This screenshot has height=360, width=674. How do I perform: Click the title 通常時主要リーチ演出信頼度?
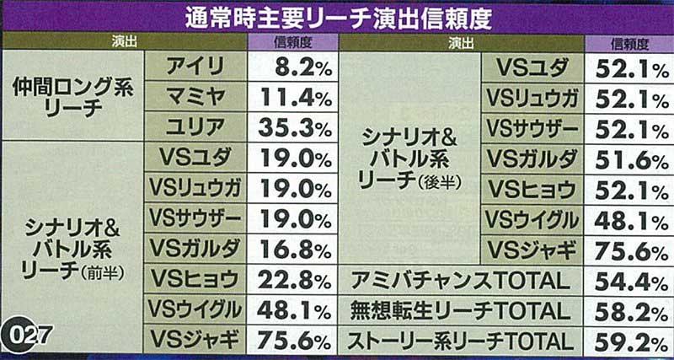[x=337, y=18]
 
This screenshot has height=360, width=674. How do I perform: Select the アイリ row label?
[x=195, y=65]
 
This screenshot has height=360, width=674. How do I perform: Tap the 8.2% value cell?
[x=292, y=65]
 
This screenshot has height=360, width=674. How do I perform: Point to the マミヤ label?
[x=195, y=95]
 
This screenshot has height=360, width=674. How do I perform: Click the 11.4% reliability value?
[x=292, y=95]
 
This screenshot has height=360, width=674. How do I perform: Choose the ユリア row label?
[x=195, y=126]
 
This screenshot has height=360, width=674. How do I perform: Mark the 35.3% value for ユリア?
[x=292, y=126]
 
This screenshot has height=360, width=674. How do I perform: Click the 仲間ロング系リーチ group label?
[x=73, y=95]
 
